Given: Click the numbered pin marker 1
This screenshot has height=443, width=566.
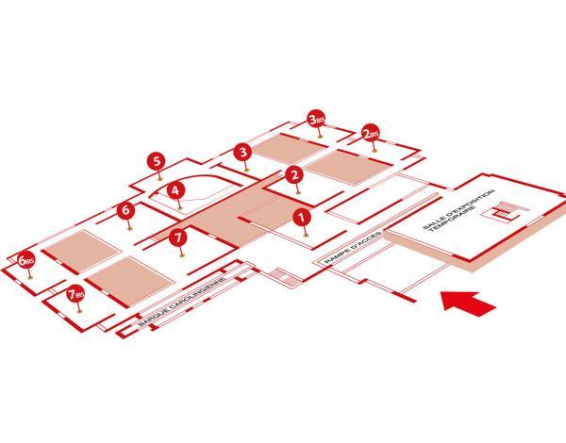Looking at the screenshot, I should tap(301, 218).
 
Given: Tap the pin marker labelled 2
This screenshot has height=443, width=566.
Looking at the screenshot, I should tap(294, 174).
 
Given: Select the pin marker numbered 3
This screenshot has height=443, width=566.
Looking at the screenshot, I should tap(242, 151).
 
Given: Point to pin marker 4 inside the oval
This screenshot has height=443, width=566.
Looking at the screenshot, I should tap(175, 189).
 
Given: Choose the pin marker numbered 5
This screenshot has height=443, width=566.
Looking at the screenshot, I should tap(158, 161).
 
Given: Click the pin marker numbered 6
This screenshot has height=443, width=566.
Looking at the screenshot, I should tap(125, 211).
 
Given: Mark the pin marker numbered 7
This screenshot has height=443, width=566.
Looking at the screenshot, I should tap(176, 238).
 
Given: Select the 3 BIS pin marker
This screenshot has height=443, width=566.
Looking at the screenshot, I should tap(319, 121).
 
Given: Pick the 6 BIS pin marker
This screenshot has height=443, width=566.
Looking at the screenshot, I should tap(27, 258).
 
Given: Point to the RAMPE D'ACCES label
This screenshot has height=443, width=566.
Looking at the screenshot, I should tap(347, 248).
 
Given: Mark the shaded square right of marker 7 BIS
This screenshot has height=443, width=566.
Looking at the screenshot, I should tap(133, 277).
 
